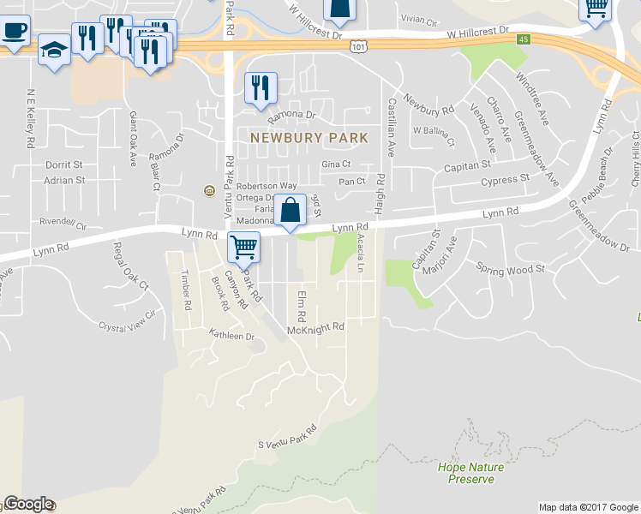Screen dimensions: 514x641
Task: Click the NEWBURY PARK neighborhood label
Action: [309, 137]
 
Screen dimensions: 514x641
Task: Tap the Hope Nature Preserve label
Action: [470, 473]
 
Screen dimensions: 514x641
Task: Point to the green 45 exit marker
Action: [523, 39]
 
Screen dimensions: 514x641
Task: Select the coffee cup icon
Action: [13, 31]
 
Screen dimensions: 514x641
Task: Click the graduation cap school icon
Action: [55, 51]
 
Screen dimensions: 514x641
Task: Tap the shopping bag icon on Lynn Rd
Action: [291, 209]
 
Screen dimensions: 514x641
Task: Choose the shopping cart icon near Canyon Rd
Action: [244, 248]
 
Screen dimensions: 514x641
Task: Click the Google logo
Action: [28, 504]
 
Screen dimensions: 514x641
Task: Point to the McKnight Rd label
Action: [315, 326]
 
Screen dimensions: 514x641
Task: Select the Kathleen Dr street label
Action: [232, 337]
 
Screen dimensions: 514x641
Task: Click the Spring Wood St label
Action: [511, 268]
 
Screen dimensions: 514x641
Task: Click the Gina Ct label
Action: [336, 164]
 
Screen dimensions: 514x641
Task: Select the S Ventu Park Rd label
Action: [287, 436]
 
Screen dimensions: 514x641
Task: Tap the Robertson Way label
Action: [267, 185]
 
